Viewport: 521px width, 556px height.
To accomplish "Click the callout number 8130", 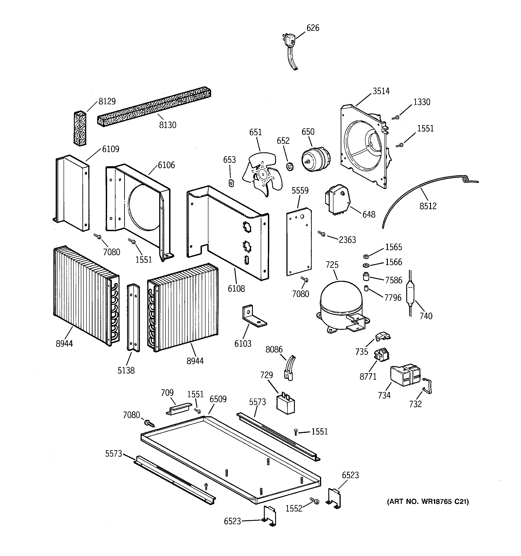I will tap(168, 125).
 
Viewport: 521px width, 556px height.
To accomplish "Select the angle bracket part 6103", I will tap(253, 316).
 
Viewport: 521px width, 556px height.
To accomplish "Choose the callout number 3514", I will tap(381, 91).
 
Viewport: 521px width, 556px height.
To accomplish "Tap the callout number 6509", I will tap(218, 399).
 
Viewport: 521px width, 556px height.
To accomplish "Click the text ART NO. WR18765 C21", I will tap(428, 501).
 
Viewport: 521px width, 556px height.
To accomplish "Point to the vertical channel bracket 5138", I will tap(133, 317).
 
